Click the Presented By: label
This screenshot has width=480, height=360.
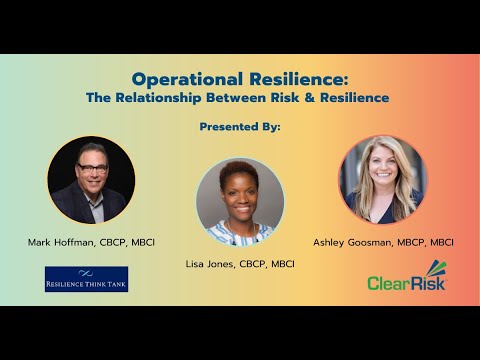tap(240, 128)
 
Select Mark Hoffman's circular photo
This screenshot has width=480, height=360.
tap(91, 180)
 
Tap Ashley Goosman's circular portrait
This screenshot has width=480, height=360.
tap(382, 180)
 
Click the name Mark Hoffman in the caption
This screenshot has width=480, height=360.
tap(61, 242)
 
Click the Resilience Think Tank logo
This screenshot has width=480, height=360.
tap(86, 279)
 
